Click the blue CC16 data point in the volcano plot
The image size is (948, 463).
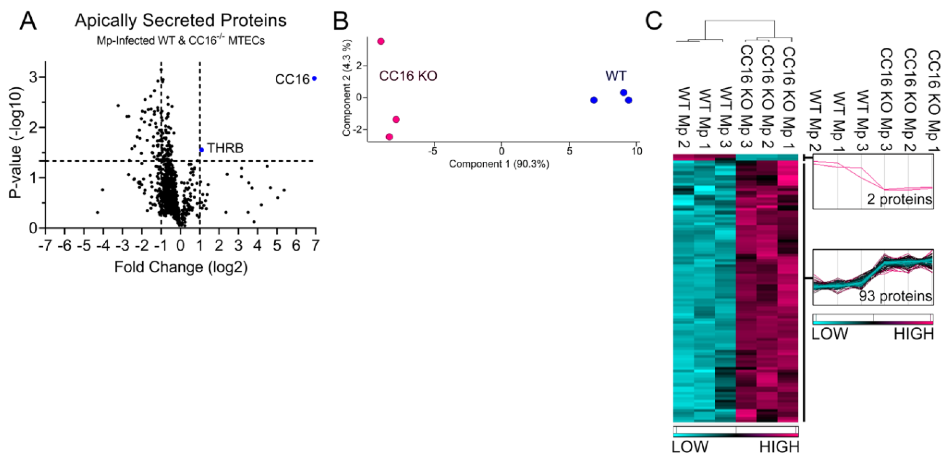tap(314, 79)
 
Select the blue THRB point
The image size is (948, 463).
tap(201, 150)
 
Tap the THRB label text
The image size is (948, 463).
tap(225, 148)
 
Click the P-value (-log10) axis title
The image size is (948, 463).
tap(16, 143)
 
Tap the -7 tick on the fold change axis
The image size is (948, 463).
tap(45, 245)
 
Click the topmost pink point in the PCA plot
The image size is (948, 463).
tap(381, 41)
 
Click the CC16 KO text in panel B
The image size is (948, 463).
tap(408, 76)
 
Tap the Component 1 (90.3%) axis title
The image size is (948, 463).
tap(499, 164)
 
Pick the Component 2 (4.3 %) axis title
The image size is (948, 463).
tap(347, 88)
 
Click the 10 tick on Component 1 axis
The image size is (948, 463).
tap(636, 151)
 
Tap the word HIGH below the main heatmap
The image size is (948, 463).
tap(779, 447)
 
